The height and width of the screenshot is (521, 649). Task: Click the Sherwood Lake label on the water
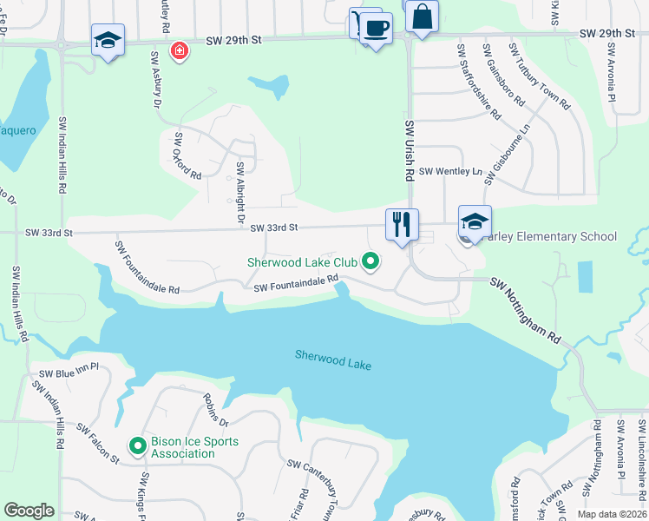332,359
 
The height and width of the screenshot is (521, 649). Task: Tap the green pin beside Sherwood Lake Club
370,260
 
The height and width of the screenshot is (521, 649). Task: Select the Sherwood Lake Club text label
302,261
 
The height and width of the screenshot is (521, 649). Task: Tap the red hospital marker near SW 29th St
180,51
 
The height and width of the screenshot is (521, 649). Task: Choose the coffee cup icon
376,28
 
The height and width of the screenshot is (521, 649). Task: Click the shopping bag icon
422,16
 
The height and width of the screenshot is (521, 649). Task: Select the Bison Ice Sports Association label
194,447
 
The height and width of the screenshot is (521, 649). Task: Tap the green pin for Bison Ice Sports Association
137,446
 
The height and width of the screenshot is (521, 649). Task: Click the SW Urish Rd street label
409,150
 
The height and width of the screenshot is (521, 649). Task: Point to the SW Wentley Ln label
449,172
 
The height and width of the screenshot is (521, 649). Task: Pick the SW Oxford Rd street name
188,156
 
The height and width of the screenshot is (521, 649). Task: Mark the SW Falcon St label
97,443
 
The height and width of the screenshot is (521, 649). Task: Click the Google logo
29,511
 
